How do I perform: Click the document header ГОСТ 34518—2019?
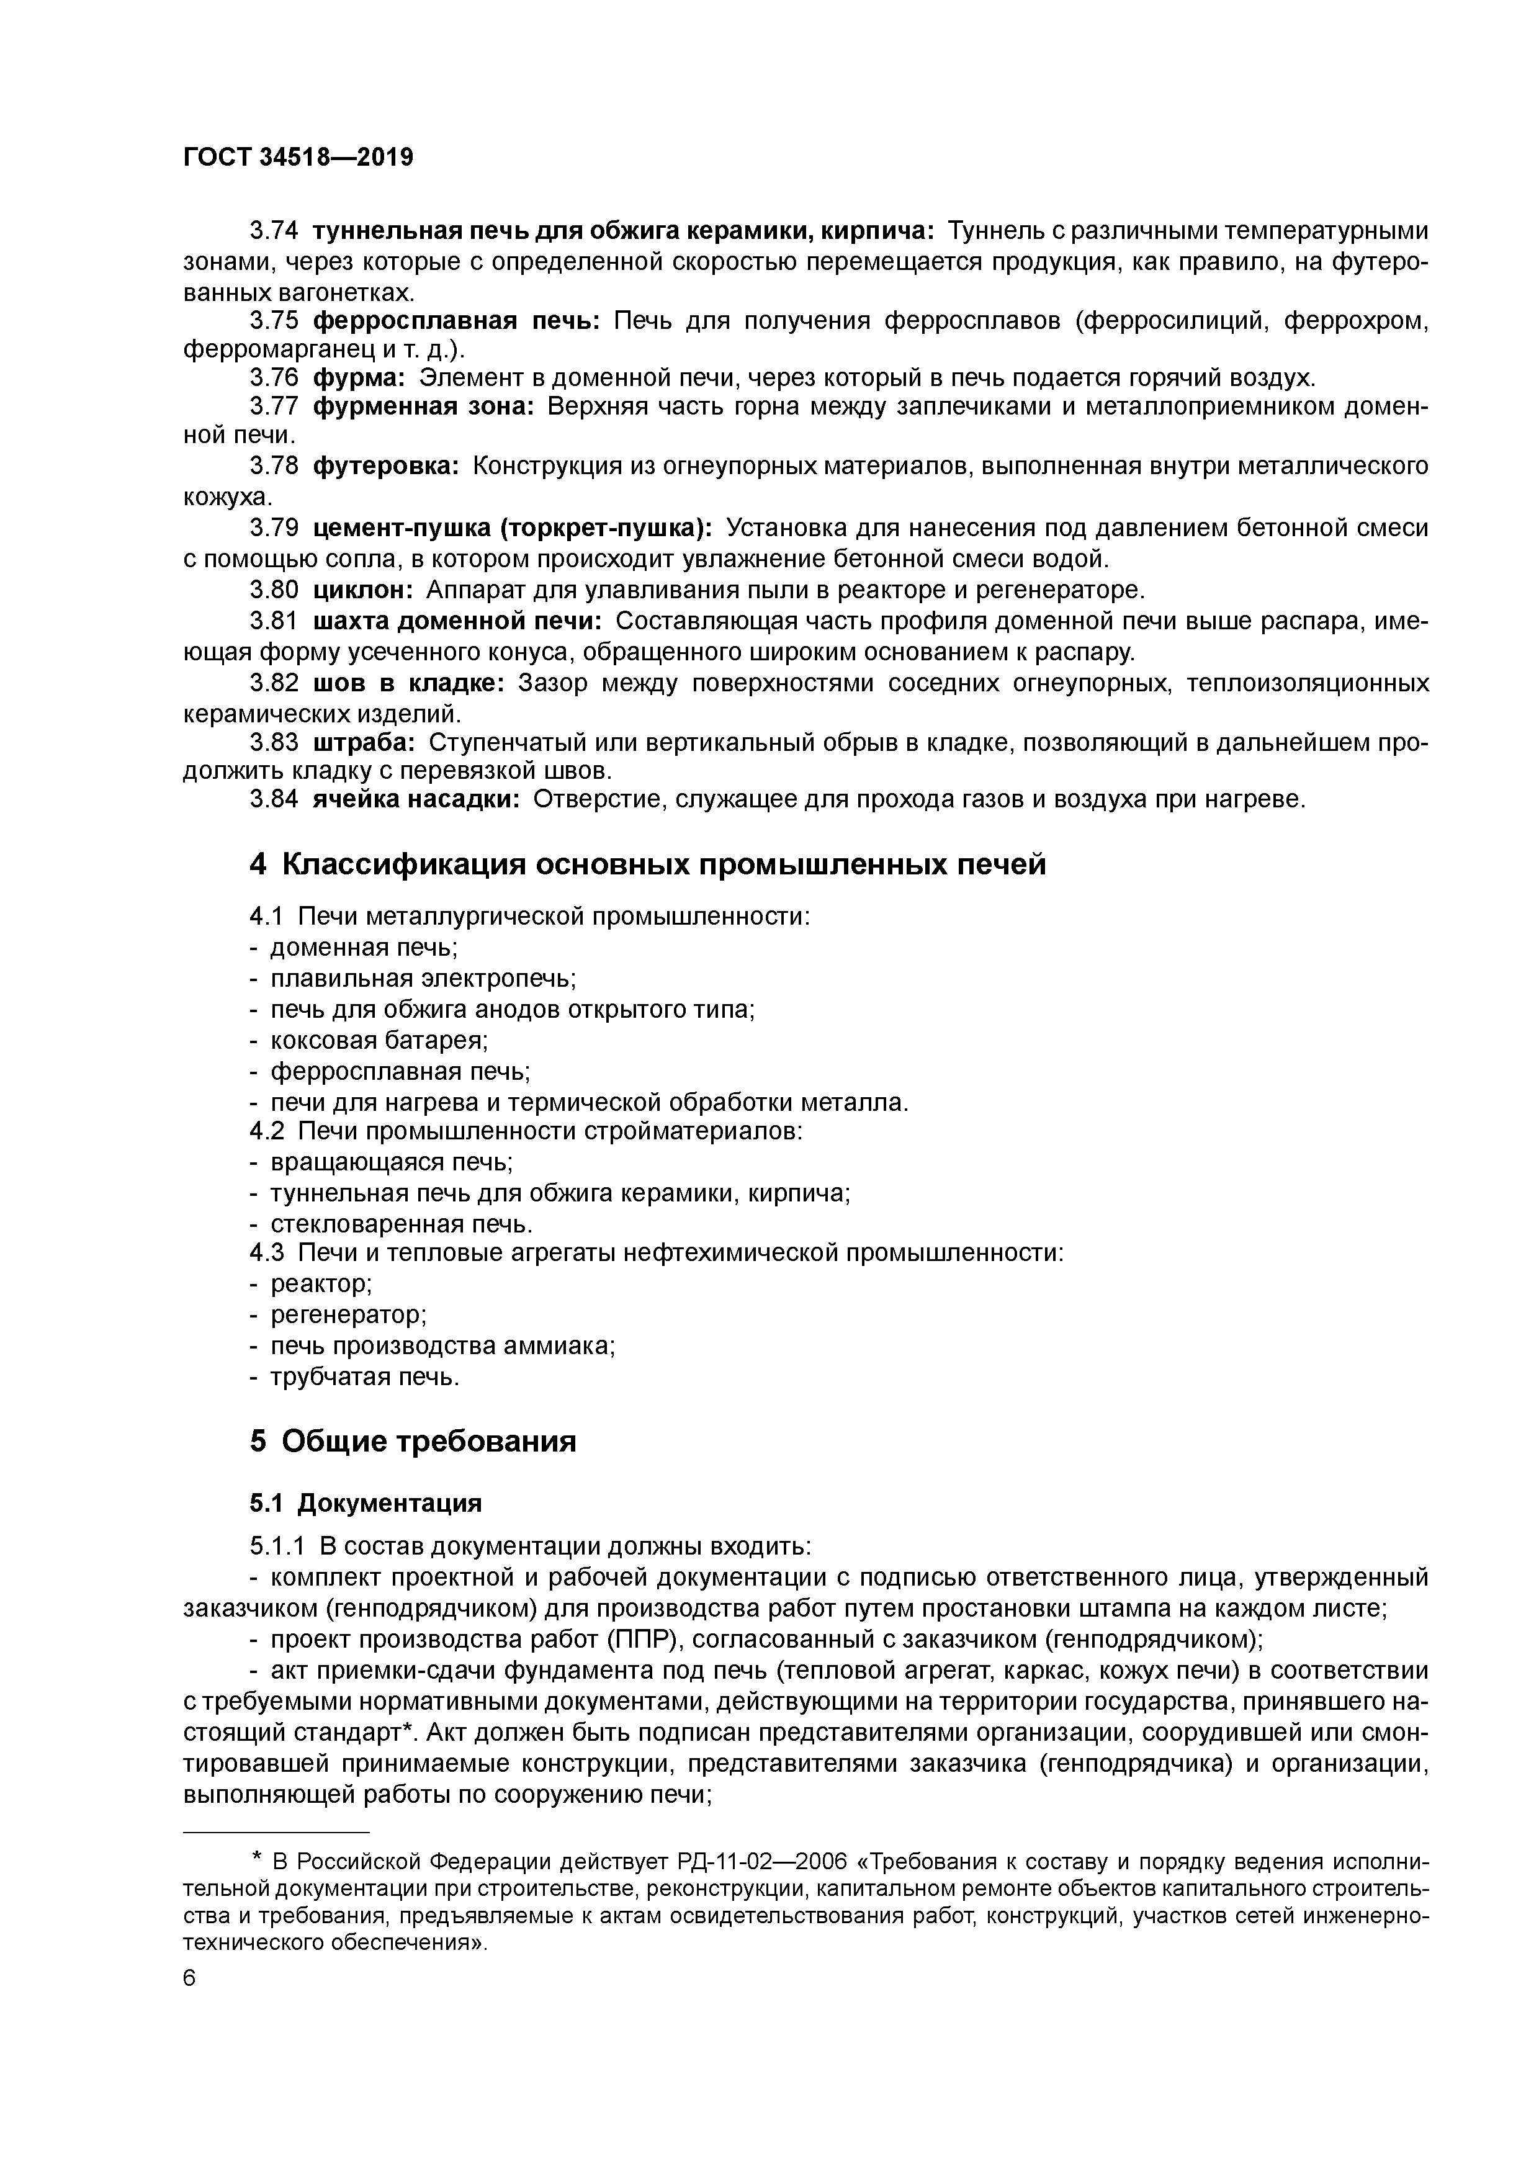(x=298, y=158)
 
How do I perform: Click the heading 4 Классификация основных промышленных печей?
(x=648, y=864)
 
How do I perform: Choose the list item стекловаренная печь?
(x=401, y=1224)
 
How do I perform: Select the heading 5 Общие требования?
(x=413, y=1441)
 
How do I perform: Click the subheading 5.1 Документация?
(x=365, y=1503)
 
